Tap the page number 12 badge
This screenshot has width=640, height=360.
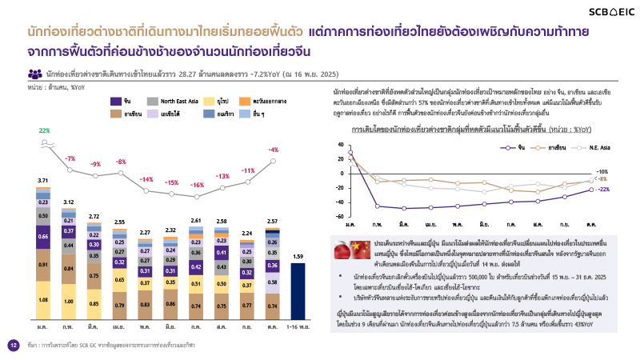click(x=13, y=345)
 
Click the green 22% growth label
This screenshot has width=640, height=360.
click(x=44, y=130)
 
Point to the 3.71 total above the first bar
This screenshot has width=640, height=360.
click(x=44, y=181)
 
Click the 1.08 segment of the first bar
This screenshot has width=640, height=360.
click(x=44, y=299)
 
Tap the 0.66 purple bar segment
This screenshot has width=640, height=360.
click(x=44, y=237)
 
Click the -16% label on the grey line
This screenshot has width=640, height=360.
click(x=197, y=185)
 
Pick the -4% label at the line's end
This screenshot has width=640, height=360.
click(x=273, y=150)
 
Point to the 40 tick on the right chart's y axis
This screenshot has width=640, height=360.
click(x=342, y=141)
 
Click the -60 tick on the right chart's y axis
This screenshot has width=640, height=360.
click(x=340, y=216)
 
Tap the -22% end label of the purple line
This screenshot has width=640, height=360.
click(x=604, y=190)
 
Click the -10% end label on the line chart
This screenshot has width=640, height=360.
click(x=604, y=171)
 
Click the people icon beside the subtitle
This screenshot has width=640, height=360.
click(x=35, y=73)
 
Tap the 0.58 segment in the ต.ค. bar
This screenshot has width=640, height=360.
click(x=273, y=282)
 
